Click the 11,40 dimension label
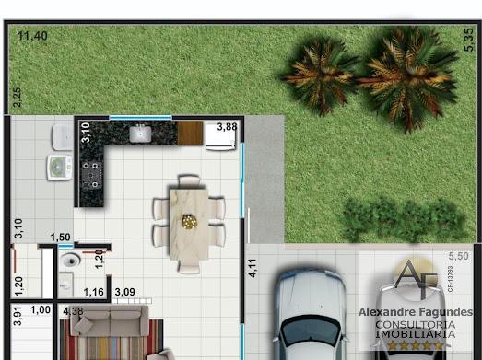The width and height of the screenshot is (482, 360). [32, 36]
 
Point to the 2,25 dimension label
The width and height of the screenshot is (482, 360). [16, 97]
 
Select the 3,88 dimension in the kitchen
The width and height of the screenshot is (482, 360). [226, 127]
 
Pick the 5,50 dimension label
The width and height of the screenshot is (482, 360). [457, 255]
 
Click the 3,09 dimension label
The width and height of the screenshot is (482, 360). [124, 293]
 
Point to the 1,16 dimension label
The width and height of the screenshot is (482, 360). [93, 293]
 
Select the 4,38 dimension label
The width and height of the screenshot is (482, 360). [74, 311]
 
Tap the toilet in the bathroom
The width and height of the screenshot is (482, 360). [70, 262]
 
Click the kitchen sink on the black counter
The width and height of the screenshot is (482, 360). [139, 134]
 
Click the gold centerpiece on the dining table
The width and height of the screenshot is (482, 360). [189, 221]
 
